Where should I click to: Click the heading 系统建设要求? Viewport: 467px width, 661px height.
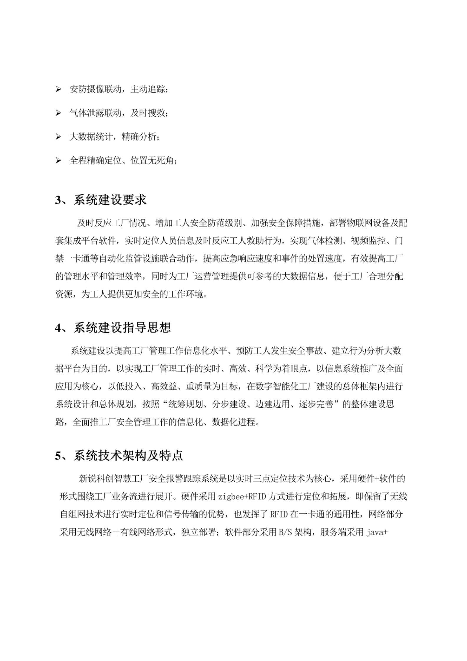[110, 200]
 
